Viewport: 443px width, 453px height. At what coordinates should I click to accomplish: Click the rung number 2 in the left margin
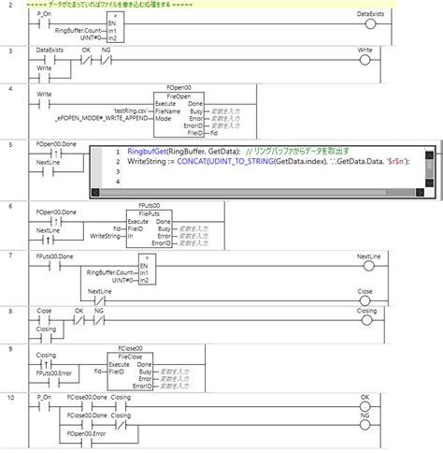[10, 5]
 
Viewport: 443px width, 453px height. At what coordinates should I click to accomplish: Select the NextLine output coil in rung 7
[366, 261]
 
